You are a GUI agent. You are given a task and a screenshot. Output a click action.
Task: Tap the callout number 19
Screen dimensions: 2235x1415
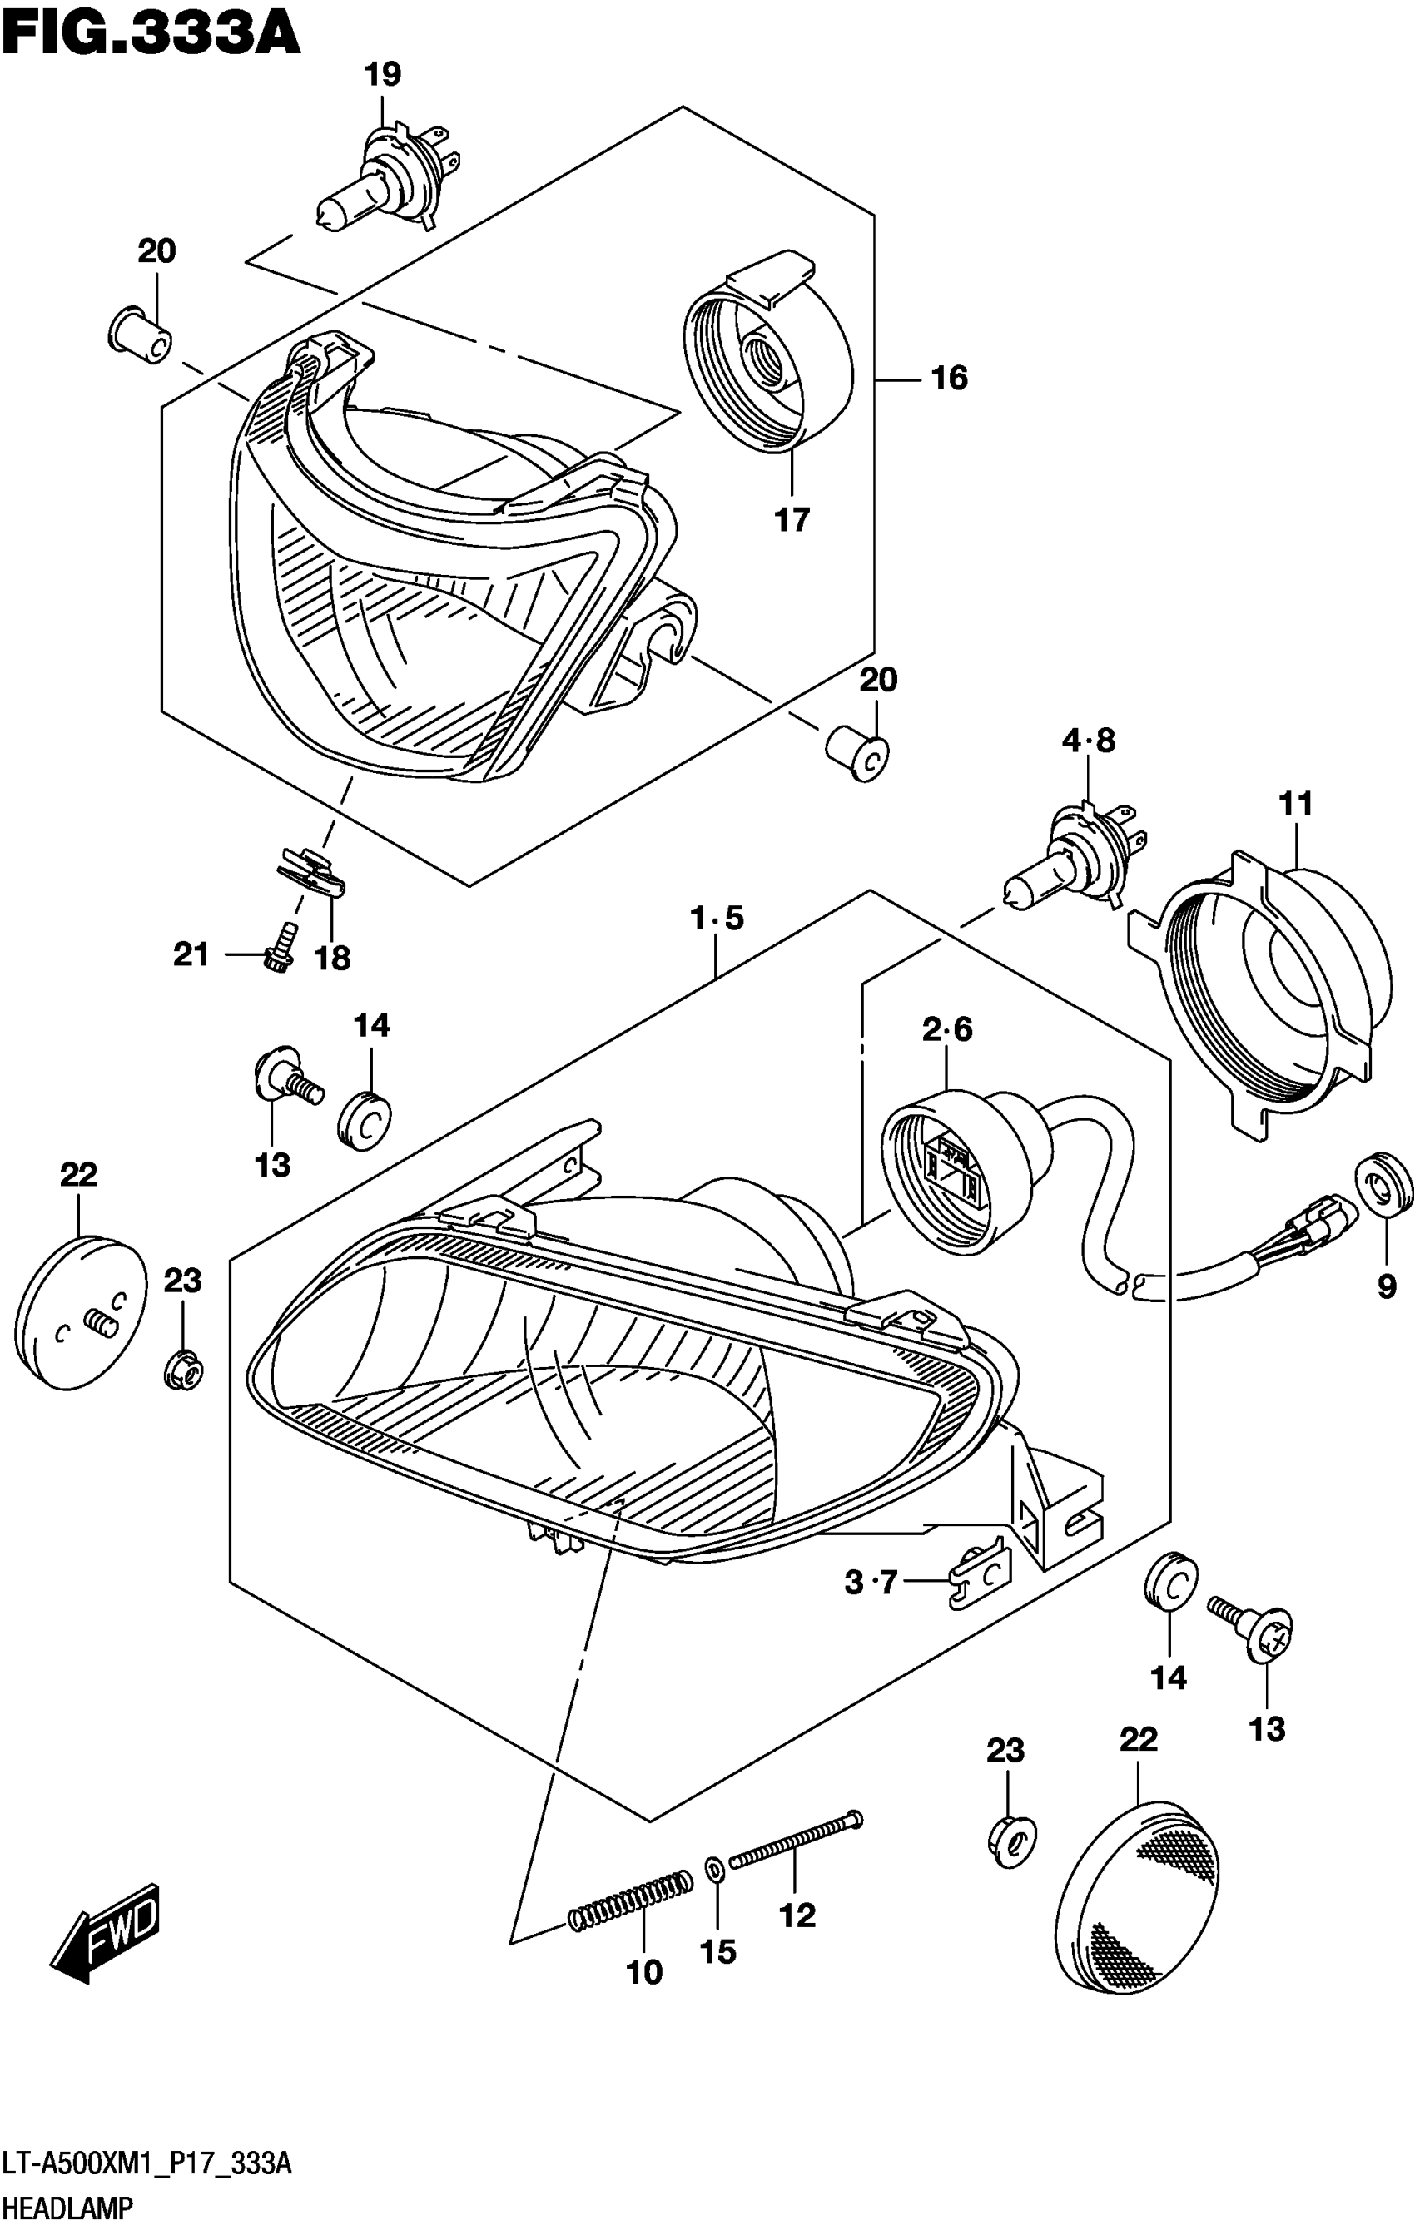383,74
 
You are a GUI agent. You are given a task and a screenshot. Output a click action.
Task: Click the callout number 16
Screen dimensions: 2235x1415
949,378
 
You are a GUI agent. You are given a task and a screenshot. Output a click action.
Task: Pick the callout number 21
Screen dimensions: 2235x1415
191,954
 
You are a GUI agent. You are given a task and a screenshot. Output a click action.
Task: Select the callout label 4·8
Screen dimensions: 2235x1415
1088,741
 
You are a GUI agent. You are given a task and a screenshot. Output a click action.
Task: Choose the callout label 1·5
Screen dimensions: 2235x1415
717,919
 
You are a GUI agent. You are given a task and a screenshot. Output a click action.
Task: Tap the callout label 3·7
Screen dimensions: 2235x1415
870,1582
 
